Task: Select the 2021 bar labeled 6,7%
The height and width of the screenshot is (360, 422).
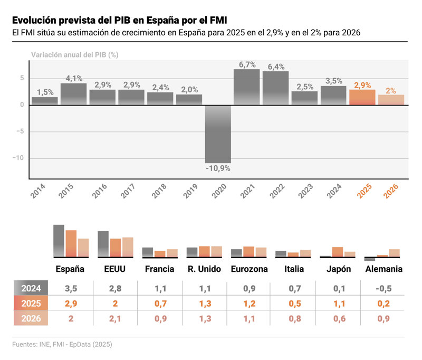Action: [x=247, y=87]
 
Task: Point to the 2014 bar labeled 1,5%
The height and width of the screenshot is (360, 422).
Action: [x=45, y=101]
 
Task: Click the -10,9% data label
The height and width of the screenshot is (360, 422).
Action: [x=218, y=168]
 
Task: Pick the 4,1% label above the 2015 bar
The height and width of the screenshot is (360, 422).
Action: [x=74, y=79]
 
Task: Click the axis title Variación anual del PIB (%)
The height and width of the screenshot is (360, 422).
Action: [x=74, y=55]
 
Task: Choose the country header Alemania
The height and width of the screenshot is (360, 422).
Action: [x=383, y=269]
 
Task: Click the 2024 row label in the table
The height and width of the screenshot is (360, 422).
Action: [x=31, y=288]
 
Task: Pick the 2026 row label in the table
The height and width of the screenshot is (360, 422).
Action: [x=31, y=319]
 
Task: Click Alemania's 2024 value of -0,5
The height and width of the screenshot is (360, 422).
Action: [x=383, y=288]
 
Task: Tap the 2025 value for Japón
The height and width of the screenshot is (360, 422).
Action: [x=339, y=304]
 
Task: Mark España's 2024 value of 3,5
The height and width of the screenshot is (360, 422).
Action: [x=71, y=288]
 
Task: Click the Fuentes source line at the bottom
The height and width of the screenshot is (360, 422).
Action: [x=62, y=345]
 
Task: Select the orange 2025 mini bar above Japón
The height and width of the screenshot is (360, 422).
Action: [x=338, y=252]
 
